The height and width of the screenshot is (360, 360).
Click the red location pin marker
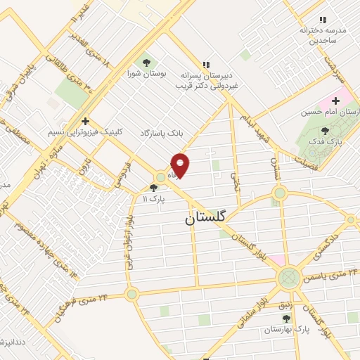tap(181, 165)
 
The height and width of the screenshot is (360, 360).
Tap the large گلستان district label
tap(207, 219)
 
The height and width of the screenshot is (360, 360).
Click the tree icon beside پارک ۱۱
tap(154, 188)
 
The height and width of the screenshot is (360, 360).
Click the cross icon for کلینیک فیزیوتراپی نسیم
tap(85, 121)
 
